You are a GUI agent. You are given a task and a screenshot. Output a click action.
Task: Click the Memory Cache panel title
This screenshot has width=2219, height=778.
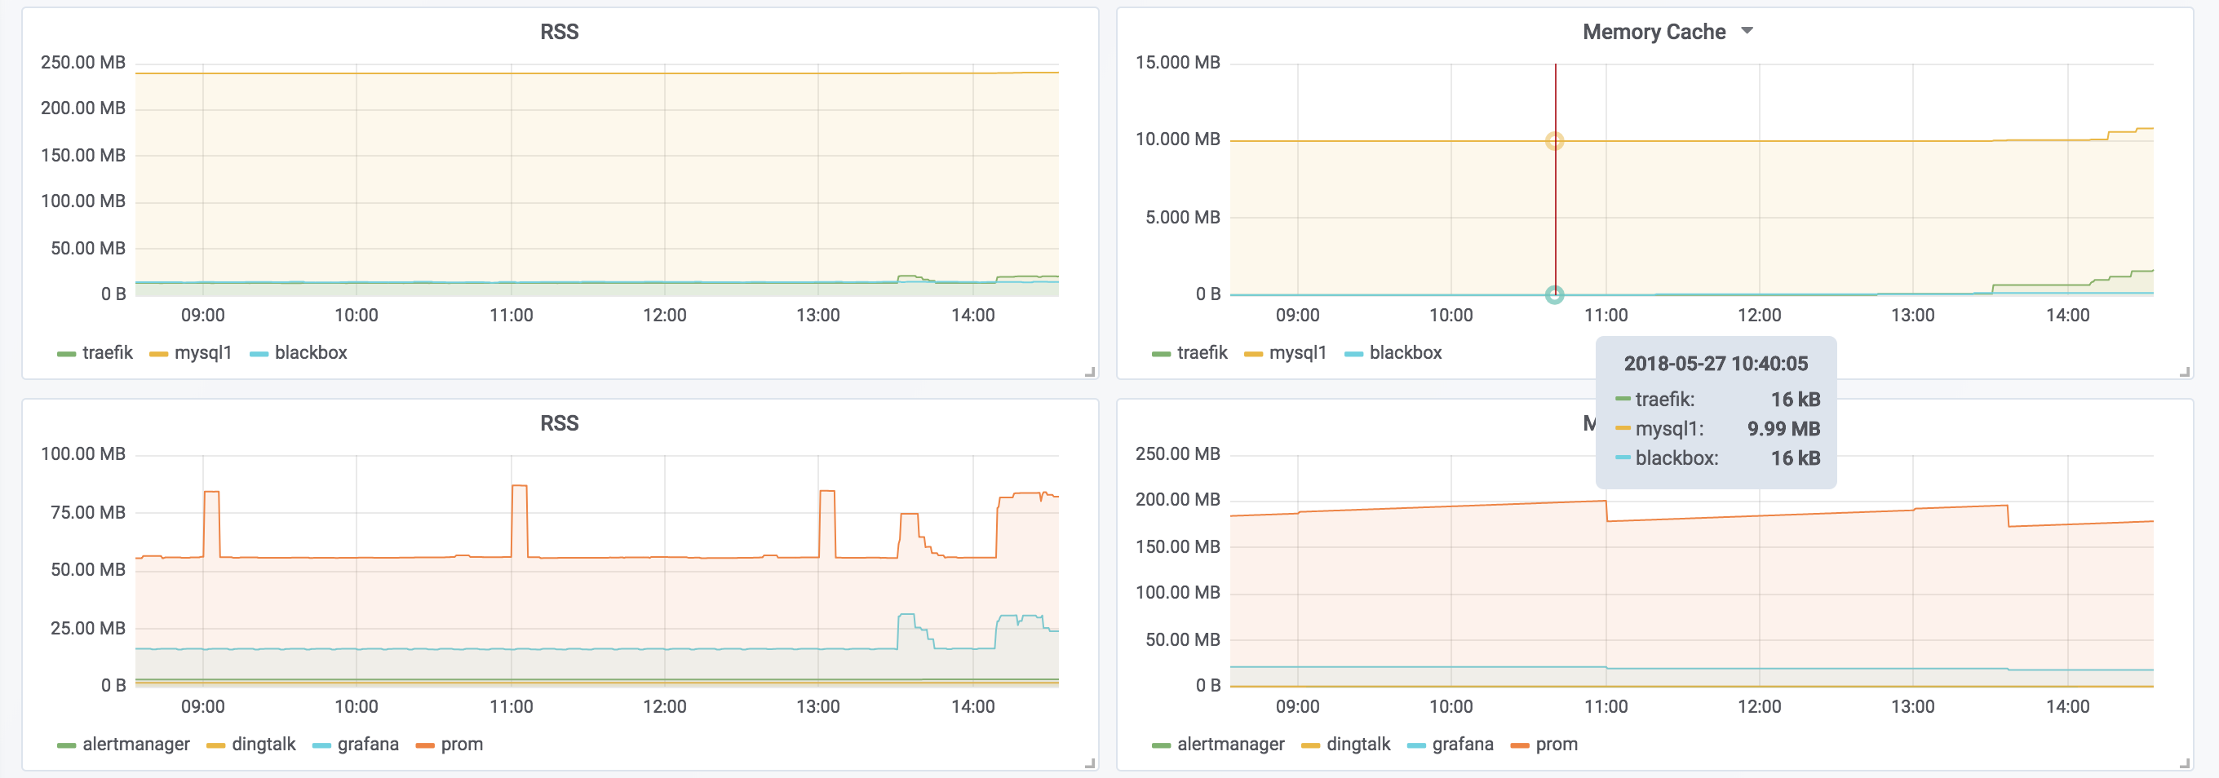tap(1654, 32)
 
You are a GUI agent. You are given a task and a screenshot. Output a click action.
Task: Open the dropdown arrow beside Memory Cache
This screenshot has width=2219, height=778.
tap(1747, 31)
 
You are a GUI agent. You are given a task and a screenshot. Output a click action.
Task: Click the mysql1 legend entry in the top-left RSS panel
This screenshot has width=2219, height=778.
tap(190, 352)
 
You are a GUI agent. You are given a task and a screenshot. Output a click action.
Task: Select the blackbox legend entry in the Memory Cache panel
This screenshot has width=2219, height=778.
tap(1393, 352)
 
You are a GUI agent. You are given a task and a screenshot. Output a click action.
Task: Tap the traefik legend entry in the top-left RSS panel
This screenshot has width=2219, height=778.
tap(95, 352)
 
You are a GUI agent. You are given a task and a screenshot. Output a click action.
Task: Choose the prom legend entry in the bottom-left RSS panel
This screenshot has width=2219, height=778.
tap(450, 745)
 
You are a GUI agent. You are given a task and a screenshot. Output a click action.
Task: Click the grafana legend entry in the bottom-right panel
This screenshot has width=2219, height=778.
tap(1451, 745)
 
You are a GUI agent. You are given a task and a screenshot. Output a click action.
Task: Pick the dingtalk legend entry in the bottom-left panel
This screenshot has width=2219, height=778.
tap(251, 745)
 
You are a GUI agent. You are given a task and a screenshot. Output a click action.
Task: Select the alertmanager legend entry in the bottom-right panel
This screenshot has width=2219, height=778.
tap(1218, 745)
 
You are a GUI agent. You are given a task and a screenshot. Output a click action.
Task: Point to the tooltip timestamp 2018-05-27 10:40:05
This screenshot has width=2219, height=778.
tap(1716, 364)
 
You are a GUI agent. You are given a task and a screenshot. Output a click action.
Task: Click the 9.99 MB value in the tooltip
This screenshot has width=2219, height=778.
tap(1783, 429)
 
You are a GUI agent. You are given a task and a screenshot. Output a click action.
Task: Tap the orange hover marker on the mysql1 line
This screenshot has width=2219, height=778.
tap(1555, 141)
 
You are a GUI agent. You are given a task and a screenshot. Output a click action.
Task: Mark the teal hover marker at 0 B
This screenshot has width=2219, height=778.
tap(1555, 294)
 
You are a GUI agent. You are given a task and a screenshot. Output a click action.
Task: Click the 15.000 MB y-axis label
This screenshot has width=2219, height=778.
tap(1177, 63)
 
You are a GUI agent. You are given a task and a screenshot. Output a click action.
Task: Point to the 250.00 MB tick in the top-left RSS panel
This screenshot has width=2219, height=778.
tap(82, 63)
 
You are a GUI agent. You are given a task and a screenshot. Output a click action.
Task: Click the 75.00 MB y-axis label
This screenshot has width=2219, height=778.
tap(88, 513)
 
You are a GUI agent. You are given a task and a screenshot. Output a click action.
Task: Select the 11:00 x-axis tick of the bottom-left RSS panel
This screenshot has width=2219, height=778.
tap(511, 706)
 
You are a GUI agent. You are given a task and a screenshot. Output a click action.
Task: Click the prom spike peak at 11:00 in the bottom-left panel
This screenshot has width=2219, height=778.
tap(520, 486)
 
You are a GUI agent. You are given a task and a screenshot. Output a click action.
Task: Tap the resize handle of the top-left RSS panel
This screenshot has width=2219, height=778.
tap(1090, 372)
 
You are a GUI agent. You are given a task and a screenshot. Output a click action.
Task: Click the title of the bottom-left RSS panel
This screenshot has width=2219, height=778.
tap(559, 423)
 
